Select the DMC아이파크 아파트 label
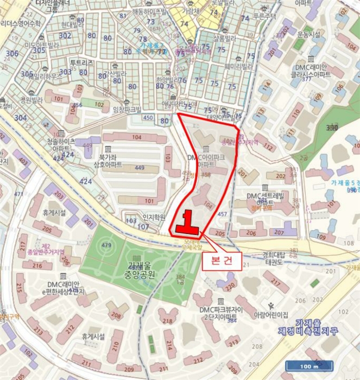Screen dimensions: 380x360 tap(205, 160)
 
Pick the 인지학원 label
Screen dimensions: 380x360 tap(153, 217)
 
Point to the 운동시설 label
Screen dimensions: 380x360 tap(308, 34)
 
